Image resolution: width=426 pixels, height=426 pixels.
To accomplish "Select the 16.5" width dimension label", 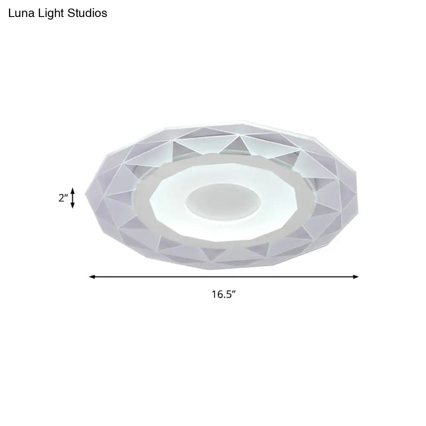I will [224, 294].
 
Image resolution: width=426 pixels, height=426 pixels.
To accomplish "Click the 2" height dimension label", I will [63, 198].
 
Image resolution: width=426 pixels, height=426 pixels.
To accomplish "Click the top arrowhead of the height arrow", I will [73, 190].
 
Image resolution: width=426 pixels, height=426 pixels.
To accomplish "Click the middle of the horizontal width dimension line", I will [224, 277].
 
